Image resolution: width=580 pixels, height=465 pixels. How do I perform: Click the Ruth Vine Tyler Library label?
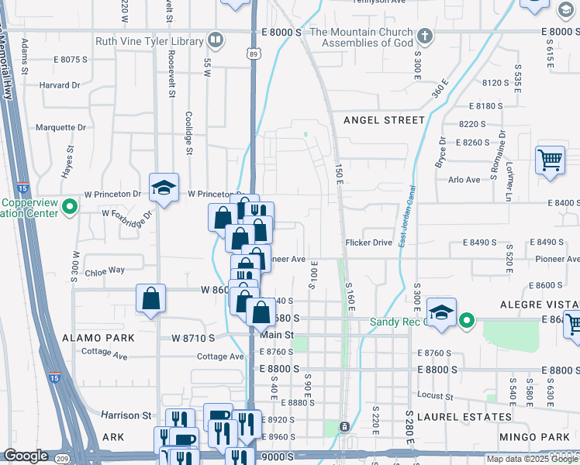pyautogui.click(x=149, y=41)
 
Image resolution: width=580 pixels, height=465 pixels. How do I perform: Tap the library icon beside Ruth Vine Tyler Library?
pyautogui.click(x=216, y=40)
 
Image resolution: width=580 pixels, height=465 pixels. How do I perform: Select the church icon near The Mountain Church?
pyautogui.click(x=424, y=36)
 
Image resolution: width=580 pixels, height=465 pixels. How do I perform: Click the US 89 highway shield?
pyautogui.click(x=254, y=53)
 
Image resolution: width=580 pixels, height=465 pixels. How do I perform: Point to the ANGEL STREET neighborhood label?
pyautogui.click(x=384, y=120)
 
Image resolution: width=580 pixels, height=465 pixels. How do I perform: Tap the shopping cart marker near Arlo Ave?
pyautogui.click(x=550, y=161)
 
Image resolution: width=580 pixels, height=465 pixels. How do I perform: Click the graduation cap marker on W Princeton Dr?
pyautogui.click(x=164, y=188)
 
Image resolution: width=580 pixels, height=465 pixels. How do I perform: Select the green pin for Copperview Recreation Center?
pyautogui.click(x=69, y=206)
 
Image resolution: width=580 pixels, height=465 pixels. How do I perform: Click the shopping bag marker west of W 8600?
pyautogui.click(x=150, y=299)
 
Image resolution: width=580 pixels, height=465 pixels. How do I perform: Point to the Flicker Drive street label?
pyautogui.click(x=369, y=243)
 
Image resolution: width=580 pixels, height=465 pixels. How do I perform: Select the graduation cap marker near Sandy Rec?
pyautogui.click(x=441, y=312)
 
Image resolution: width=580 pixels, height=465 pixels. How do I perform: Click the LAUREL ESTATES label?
pyautogui.click(x=475, y=417)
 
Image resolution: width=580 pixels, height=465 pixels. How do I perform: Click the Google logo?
pyautogui.click(x=26, y=456)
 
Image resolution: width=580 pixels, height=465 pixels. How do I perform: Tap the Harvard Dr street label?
pyautogui.click(x=59, y=85)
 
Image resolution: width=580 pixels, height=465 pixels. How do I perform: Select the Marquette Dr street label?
pyautogui.click(x=60, y=127)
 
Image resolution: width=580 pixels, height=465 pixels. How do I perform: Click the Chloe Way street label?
pyautogui.click(x=105, y=270)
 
